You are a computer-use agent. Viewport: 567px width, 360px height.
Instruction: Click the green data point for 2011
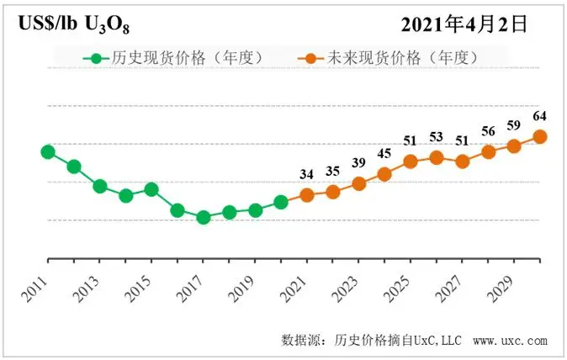48,152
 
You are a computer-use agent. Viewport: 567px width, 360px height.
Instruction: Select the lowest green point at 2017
203,217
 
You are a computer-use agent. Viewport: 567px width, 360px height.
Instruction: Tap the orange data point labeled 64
540,136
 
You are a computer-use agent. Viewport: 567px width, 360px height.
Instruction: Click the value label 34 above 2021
307,174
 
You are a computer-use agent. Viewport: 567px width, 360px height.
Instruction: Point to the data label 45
384,153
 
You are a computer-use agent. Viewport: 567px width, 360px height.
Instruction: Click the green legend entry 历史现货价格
177,58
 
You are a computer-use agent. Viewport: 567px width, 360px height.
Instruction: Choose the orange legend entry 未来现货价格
391,58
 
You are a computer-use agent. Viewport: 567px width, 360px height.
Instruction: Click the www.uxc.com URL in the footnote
511,341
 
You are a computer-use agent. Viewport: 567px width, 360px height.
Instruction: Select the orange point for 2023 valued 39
359,183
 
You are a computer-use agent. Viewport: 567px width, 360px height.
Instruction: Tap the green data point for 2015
151,189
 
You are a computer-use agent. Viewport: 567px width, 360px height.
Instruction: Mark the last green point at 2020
281,202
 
